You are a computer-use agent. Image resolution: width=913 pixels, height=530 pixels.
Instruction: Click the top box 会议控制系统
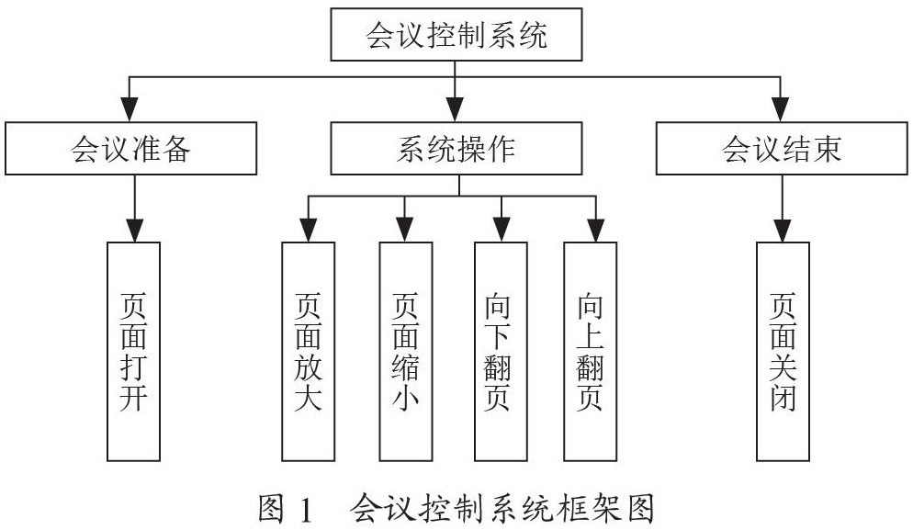(456, 34)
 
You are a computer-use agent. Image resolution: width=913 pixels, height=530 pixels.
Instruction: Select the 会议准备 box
(131, 149)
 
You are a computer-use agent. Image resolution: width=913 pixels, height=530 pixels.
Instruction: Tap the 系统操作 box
(456, 149)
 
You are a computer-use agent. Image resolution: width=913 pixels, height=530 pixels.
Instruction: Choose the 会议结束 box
(782, 149)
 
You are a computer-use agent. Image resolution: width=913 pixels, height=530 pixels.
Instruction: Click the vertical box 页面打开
(133, 352)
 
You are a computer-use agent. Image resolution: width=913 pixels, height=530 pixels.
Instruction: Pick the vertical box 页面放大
(308, 352)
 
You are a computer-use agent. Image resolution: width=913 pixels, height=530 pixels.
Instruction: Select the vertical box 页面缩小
(405, 352)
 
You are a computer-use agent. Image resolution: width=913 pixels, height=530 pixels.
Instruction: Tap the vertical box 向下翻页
(501, 352)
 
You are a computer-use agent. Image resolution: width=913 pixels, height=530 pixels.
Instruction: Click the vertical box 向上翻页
(590, 352)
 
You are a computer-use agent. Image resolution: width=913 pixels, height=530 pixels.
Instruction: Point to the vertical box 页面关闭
(783, 352)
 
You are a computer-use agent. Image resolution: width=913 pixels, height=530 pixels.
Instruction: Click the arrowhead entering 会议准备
(130, 109)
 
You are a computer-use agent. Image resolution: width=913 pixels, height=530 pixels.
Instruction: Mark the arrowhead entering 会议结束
(780, 109)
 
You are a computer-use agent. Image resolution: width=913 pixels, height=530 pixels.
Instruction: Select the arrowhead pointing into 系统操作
(455, 109)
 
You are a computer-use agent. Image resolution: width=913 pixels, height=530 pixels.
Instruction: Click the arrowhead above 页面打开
(134, 230)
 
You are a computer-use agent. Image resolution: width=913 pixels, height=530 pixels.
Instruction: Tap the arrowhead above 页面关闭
(782, 230)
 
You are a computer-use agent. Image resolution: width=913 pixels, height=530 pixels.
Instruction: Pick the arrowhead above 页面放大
(308, 230)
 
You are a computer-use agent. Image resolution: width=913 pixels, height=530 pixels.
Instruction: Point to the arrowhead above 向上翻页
(595, 230)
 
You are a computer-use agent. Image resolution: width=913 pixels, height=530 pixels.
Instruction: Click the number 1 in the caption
(305, 510)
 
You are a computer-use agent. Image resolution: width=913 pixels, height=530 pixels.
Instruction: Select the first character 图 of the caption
(271, 509)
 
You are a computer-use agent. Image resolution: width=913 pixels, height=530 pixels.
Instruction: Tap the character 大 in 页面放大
(308, 399)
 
